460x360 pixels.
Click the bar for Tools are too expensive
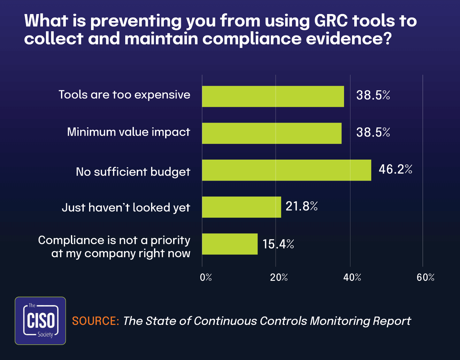[x=273, y=96]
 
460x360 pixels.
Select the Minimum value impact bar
[x=272, y=133]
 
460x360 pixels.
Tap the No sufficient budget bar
[x=287, y=170]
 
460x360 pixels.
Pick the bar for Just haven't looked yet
[x=241, y=207]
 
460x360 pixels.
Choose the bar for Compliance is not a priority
[x=230, y=244]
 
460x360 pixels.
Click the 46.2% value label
[x=395, y=169]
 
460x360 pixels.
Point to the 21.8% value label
[x=302, y=206]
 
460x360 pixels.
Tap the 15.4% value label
[x=278, y=244]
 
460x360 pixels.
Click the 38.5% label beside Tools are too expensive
[x=373, y=95]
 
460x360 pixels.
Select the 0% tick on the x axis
[x=206, y=277]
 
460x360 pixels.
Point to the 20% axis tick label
[x=279, y=277]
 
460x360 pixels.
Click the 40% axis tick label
[x=352, y=277]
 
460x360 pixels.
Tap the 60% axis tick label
[x=425, y=277]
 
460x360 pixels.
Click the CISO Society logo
[x=40, y=321]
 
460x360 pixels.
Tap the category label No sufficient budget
[x=133, y=172]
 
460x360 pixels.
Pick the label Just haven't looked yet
[x=126, y=207]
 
